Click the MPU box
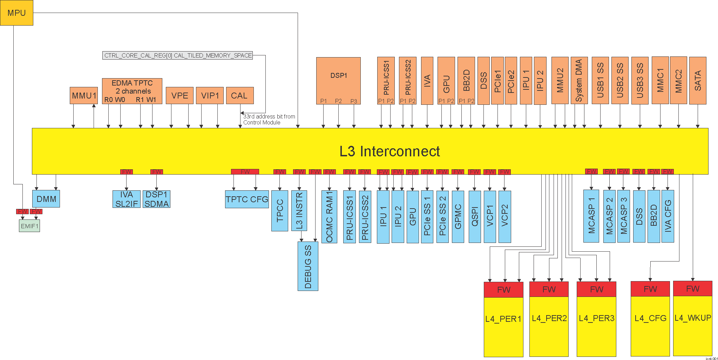16,13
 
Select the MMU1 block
84,95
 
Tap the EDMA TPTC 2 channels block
132,91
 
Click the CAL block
239,95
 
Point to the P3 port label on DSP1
354,101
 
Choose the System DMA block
579,80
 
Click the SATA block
698,80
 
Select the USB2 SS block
620,80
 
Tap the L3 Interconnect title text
389,151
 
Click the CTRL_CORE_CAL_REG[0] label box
178,55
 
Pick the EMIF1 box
29,226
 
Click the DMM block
46,199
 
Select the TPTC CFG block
247,199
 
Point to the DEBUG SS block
308,266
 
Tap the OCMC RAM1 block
329,217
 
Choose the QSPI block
475,217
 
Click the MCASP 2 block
609,216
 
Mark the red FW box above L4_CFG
650,289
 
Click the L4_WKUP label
693,318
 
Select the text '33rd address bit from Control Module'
269,119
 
